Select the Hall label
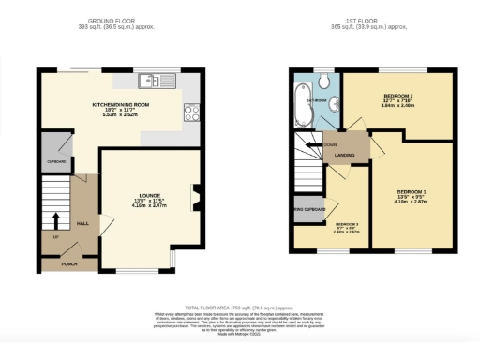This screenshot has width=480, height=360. [82, 224]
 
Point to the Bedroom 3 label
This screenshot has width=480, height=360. [347, 225]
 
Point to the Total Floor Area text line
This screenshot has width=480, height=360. [238, 307]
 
